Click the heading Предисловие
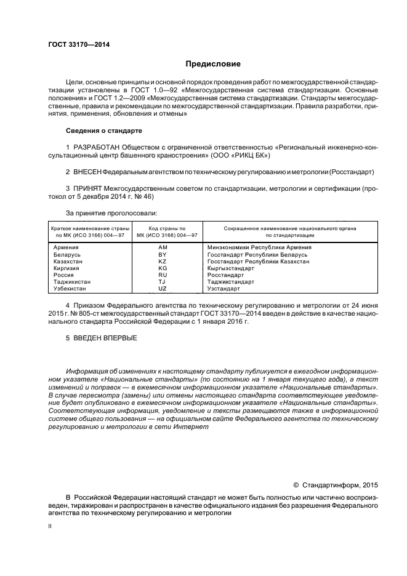click(209, 64)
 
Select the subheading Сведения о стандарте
click(103, 131)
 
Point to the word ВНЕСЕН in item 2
click(87, 171)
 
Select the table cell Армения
click(66, 247)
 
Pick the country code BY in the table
click(163, 254)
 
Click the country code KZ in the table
click(163, 261)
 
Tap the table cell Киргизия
click(68, 268)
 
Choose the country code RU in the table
click(163, 274)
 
